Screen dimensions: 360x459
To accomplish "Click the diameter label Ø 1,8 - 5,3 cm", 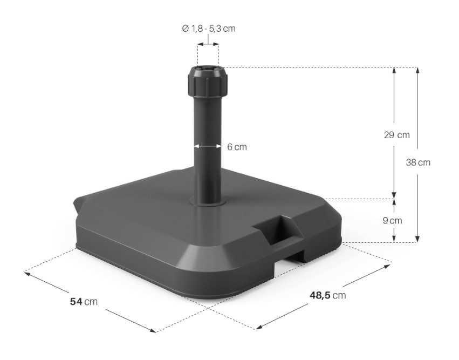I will click(x=208, y=29).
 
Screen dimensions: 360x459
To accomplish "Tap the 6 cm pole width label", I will click(x=237, y=147).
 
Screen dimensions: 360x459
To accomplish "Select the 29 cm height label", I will click(x=396, y=135).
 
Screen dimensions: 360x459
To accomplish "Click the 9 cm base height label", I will click(x=393, y=220).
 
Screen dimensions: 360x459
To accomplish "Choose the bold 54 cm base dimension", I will click(x=84, y=301).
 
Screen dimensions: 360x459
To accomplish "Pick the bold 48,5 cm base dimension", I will click(x=328, y=295).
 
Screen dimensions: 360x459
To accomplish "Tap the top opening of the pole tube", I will click(x=208, y=70).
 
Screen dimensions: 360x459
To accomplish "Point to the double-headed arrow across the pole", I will click(x=208, y=146).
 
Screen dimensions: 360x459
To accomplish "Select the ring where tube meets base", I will click(x=208, y=202).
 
